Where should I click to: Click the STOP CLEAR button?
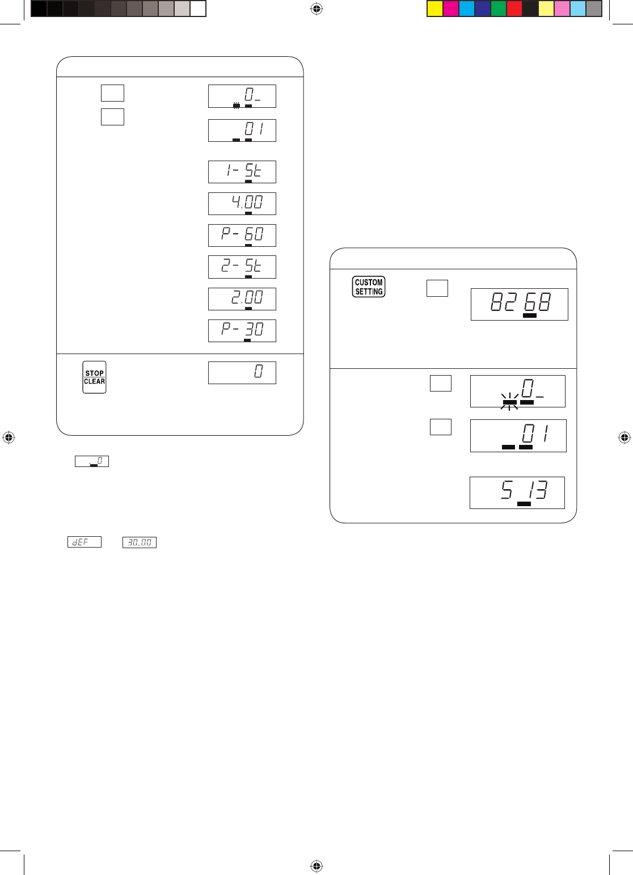94,377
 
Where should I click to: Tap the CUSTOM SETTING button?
368,287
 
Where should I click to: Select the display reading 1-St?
242,172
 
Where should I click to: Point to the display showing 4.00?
242,204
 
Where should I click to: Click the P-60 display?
242,235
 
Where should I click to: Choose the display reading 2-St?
242,267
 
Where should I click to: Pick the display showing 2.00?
242,299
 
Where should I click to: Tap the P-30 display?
242,331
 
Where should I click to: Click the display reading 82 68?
520,304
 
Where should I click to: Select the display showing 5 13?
517,493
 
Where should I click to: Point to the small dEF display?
85,542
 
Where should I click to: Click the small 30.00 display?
140,542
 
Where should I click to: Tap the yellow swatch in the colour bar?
435,9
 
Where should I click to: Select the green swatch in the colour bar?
498,9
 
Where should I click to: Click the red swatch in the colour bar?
514,9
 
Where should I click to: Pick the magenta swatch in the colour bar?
450,9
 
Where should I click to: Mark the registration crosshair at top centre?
317,9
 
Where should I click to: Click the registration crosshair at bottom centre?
317,865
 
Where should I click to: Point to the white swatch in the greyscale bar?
198,9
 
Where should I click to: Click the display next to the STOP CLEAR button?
242,373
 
